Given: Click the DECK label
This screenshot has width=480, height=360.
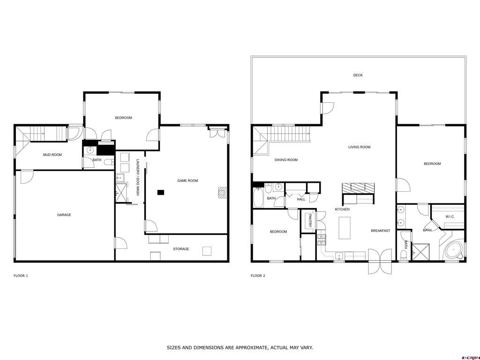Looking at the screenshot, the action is [358, 75].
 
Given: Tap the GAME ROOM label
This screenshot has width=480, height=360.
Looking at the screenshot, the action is [187, 180].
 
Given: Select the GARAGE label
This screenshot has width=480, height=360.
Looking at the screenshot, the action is [64, 215].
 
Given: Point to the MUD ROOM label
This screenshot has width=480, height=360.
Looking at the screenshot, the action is [52, 155].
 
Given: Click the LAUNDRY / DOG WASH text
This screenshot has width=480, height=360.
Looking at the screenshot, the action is [138, 178].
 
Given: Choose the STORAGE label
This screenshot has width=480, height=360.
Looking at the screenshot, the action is [181, 249].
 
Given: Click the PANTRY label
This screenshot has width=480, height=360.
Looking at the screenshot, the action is [310, 220].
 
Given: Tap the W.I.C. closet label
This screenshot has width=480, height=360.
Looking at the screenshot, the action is [450, 217].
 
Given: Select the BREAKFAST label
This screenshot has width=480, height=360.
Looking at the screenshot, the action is [381, 231].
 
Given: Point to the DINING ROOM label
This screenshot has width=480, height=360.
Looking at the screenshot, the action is [286, 160].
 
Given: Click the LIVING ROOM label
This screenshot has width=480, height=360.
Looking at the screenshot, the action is [360, 147].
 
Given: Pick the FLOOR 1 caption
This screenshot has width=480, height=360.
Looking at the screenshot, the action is [21, 276].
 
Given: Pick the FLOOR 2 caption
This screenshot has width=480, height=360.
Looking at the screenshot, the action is [258, 276].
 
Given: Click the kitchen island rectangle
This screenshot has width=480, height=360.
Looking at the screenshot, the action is [345, 228].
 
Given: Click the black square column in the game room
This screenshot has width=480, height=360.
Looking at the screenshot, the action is [161, 193].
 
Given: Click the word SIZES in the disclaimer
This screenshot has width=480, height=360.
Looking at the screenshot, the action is [173, 348].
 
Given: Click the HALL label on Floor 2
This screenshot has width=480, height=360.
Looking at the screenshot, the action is [301, 199].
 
